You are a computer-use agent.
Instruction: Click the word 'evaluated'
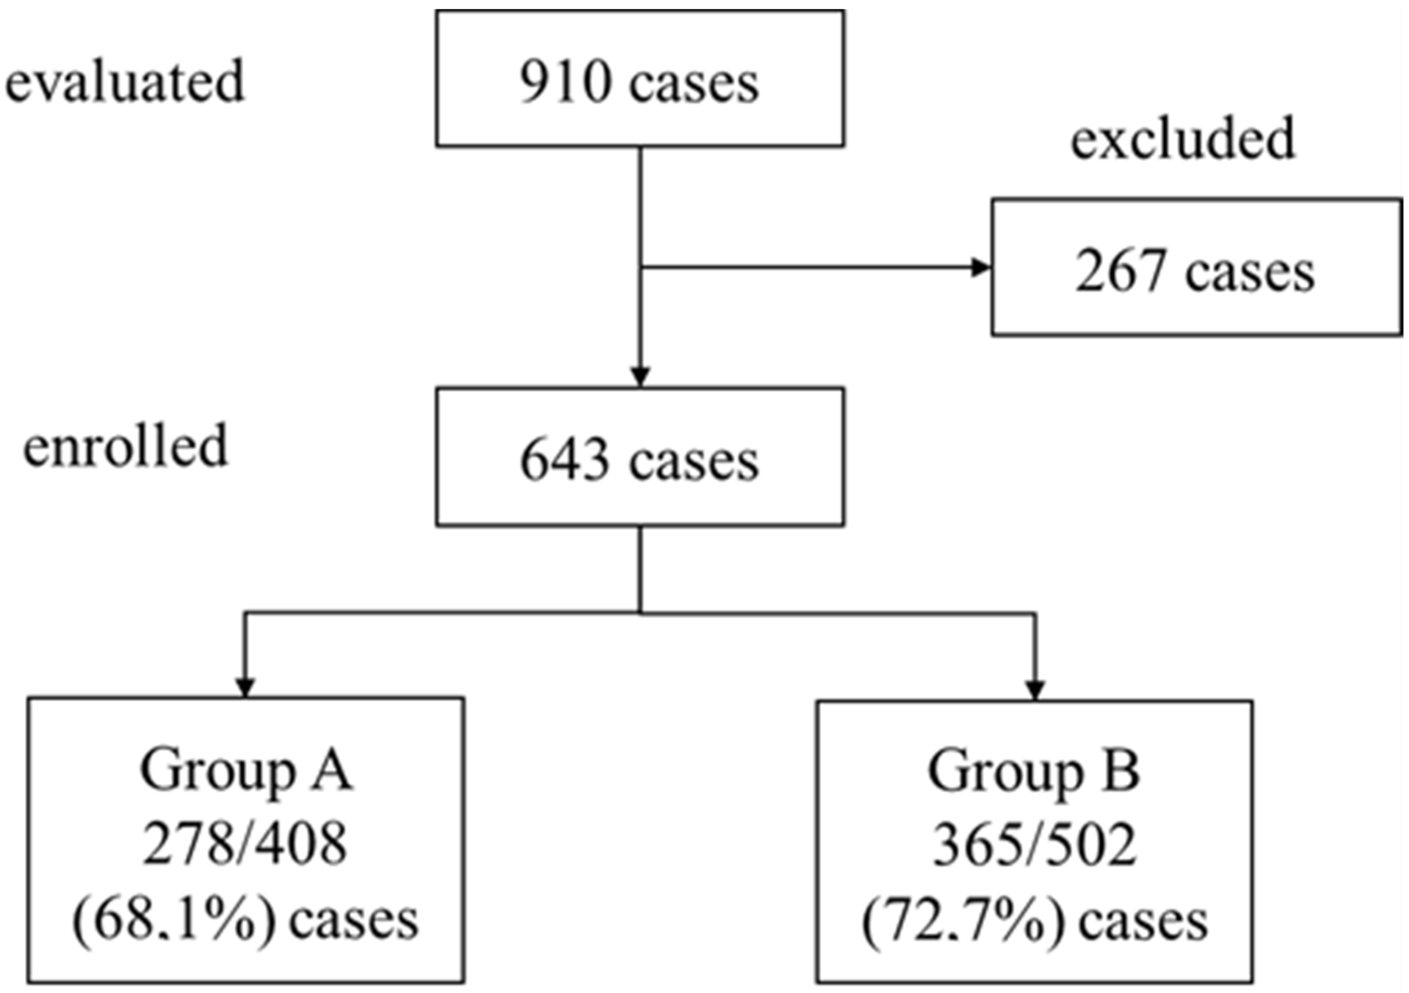pyautogui.click(x=125, y=82)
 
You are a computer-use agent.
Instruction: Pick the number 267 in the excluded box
pyautogui.click(x=1121, y=272)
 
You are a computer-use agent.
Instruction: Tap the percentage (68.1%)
pyautogui.click(x=174, y=921)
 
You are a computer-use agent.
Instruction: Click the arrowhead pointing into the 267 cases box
pyautogui.click(x=981, y=267)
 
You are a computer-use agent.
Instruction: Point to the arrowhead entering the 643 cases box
pyautogui.click(x=640, y=376)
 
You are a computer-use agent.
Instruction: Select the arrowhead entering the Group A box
pyautogui.click(x=245, y=687)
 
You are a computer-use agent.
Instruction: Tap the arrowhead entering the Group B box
pyautogui.click(x=1035, y=690)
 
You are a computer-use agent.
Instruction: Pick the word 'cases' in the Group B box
pyautogui.click(x=1143, y=922)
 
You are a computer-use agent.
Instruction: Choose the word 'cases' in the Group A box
pyautogui.click(x=354, y=921)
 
